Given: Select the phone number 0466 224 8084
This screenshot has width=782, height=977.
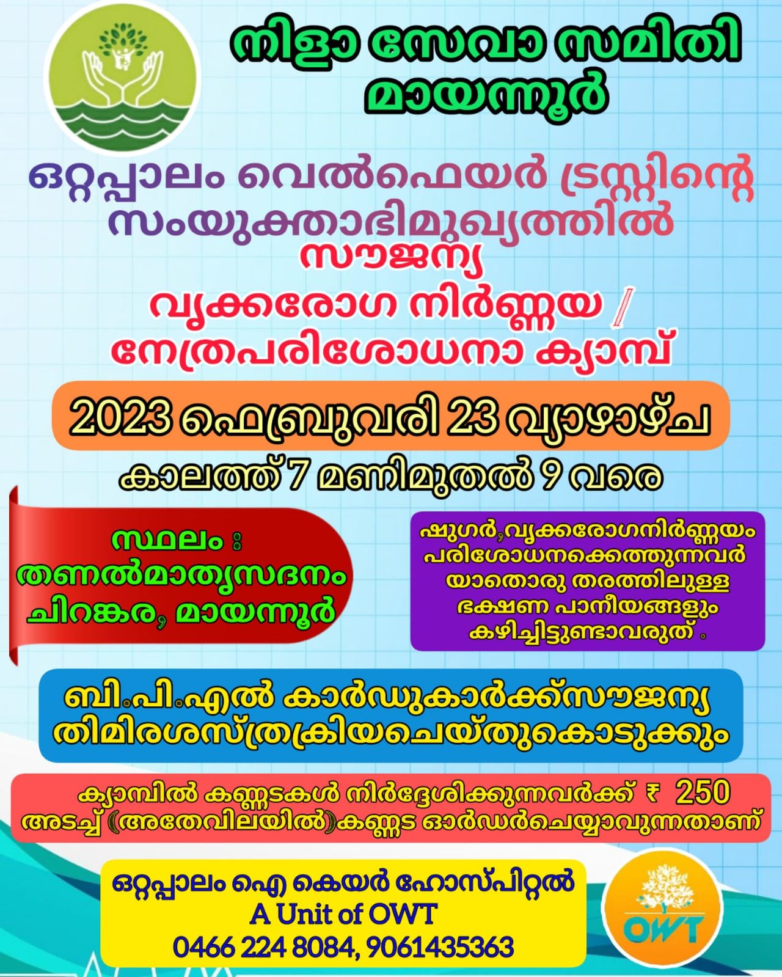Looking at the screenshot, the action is click(263, 946).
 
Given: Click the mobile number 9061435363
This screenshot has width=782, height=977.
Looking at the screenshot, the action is click(440, 946).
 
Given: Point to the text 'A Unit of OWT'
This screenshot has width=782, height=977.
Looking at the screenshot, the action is click(343, 914).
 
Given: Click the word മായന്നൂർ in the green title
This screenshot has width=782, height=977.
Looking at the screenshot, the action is click(488, 94).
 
